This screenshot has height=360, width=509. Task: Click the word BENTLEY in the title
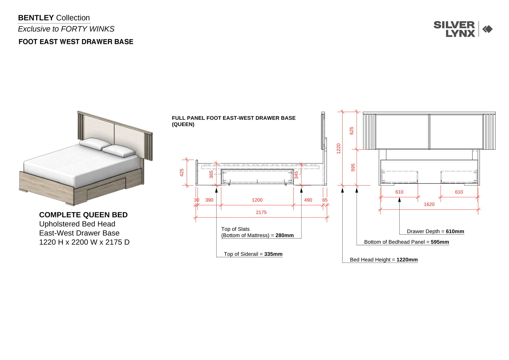[36, 18]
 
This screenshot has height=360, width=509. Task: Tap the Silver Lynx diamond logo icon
[487, 29]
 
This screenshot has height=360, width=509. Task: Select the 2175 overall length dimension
[261, 212]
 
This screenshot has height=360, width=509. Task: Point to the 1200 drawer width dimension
[257, 200]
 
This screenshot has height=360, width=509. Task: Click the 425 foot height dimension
[181, 173]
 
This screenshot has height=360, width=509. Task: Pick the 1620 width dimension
[429, 204]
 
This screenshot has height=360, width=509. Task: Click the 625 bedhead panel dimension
[351, 131]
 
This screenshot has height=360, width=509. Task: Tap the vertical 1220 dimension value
[338, 149]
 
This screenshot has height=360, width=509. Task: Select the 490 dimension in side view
[308, 200]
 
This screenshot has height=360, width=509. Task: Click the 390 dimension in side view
[209, 200]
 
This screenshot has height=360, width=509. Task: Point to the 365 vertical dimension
[211, 175]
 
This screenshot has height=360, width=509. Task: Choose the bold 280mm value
[285, 235]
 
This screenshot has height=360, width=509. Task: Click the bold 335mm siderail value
[273, 254]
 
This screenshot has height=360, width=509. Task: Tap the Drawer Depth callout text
[436, 231]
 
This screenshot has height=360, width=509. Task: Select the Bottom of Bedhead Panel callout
[406, 242]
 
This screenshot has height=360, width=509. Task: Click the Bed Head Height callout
[384, 260]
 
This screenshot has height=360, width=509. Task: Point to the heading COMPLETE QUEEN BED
[83, 215]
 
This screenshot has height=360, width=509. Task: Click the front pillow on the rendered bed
[119, 151]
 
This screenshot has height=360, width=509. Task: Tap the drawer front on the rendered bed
[106, 189]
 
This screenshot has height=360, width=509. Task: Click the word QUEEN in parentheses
[183, 124]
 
